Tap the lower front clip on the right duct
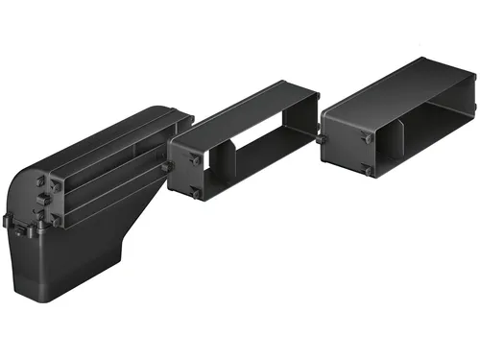click(x=367, y=171)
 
